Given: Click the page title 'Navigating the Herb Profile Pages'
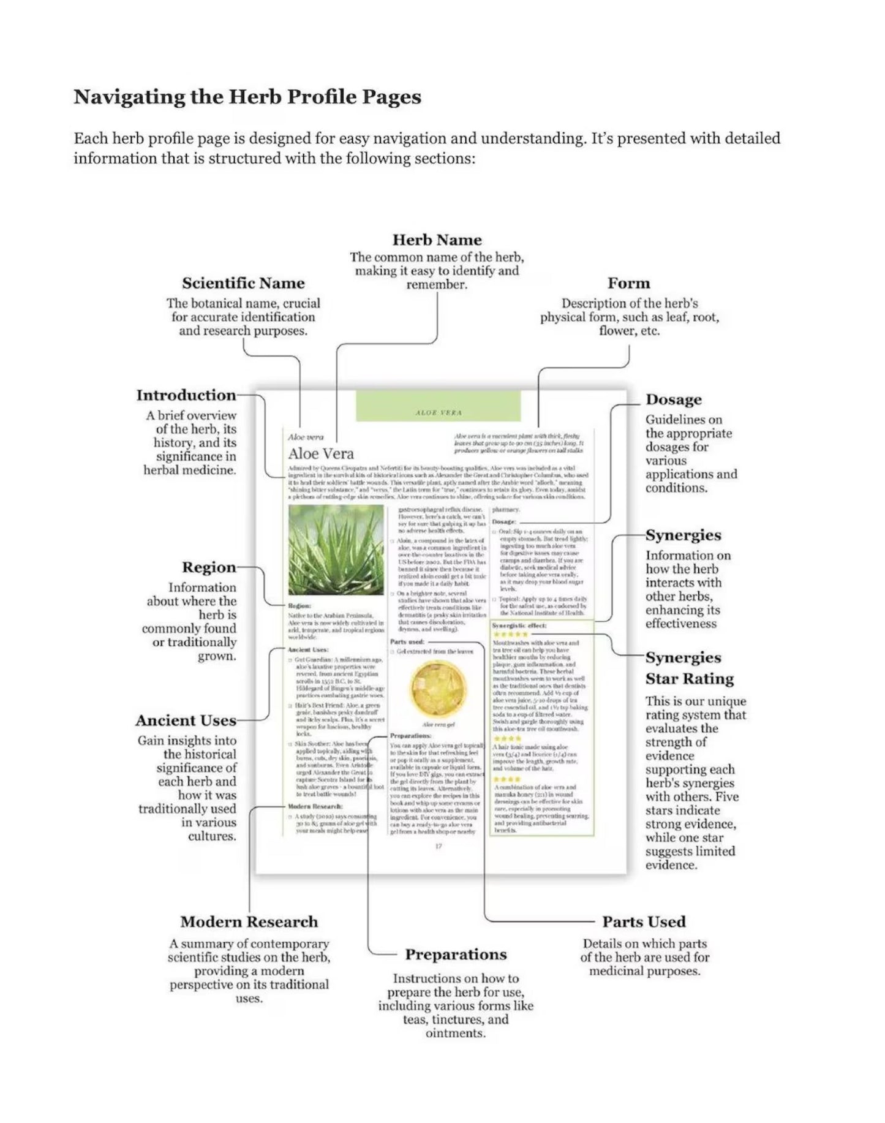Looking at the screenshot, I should point(247,97).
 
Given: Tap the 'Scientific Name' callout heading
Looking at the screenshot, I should point(243,283).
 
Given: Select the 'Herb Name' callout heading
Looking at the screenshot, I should point(437,240).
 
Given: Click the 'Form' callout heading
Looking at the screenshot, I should point(628,283).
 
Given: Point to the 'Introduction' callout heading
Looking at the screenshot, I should point(186,395).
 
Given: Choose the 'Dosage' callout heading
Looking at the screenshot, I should point(674,399).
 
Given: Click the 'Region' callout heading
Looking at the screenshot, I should point(209,567).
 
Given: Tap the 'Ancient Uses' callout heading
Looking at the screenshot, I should point(186,720).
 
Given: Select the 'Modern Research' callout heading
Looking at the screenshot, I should point(249,922).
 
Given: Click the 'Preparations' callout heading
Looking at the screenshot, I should point(456,955).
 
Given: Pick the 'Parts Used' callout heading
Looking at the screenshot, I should point(644,922).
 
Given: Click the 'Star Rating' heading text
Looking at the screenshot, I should point(689,679).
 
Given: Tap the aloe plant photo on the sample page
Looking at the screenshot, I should point(336,550).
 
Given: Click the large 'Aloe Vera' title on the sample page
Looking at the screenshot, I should point(321,453).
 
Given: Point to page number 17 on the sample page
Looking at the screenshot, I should point(439,846).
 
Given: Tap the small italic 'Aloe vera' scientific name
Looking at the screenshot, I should point(306,437).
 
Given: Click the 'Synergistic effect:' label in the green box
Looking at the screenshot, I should point(519,626).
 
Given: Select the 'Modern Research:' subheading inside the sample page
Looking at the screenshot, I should point(315,806).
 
